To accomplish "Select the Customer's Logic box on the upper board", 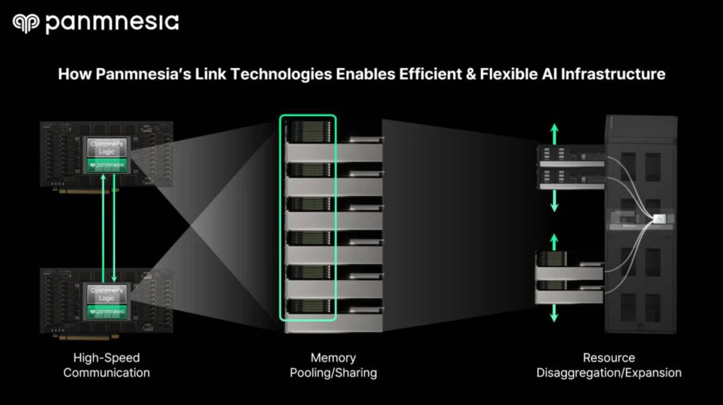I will [x=107, y=148].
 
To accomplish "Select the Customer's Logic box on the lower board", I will [x=107, y=294].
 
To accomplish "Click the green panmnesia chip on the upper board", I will [x=107, y=166].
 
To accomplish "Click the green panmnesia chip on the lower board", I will [x=107, y=311].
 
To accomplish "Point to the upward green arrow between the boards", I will [x=103, y=226].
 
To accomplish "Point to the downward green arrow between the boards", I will [x=114, y=226].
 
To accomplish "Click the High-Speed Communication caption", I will [x=106, y=365].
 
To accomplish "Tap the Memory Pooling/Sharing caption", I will [x=333, y=365].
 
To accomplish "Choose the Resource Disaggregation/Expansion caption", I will [x=608, y=365].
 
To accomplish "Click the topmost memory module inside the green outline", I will [x=308, y=132].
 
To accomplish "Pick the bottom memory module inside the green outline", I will [x=308, y=306].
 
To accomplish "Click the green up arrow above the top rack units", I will [x=554, y=133].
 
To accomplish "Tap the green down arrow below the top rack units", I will [x=554, y=201].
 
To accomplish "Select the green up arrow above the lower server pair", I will [x=554, y=242].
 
